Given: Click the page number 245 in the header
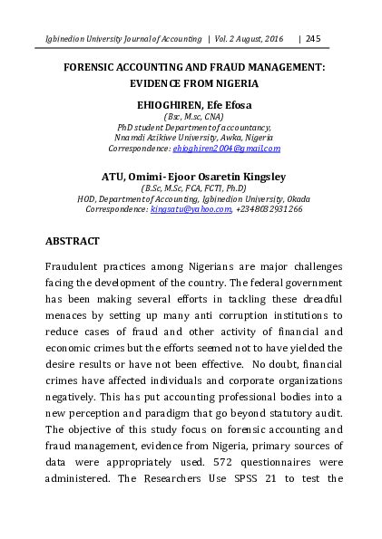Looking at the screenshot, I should point(314,38).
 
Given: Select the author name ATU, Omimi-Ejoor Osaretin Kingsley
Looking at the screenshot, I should point(191,178).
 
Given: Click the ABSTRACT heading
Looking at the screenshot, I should point(78,243).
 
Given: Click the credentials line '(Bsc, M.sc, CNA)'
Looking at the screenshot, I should point(191,118).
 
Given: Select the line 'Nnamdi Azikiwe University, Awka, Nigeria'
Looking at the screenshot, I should point(191,138).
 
